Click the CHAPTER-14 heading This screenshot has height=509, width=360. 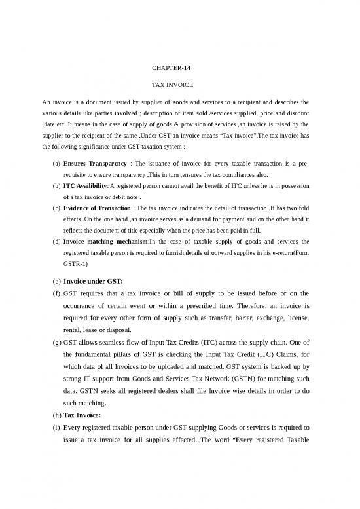[x=170, y=67]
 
